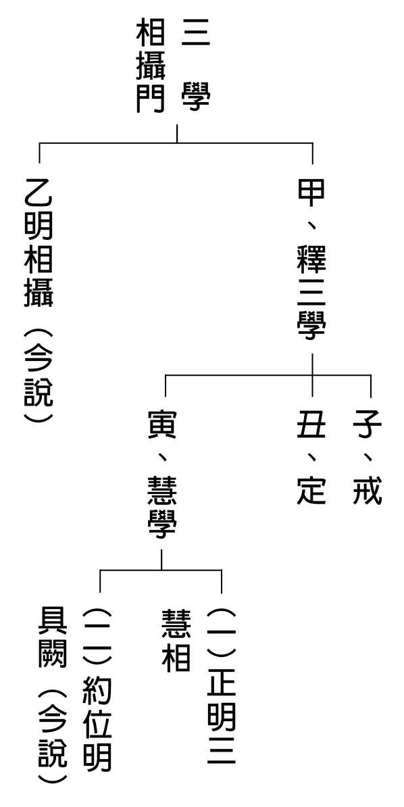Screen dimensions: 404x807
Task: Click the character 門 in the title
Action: point(150,98)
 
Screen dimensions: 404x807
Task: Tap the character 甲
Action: point(311,191)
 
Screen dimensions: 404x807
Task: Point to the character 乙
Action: point(39,191)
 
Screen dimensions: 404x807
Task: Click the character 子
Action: point(368,425)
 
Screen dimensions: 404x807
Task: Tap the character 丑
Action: point(311,425)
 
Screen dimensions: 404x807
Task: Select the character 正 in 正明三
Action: point(222,684)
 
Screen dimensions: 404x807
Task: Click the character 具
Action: point(53,622)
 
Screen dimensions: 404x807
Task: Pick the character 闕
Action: point(53,655)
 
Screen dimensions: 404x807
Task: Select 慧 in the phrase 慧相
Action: point(176,622)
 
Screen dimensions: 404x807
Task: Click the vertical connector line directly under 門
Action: point(178,133)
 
